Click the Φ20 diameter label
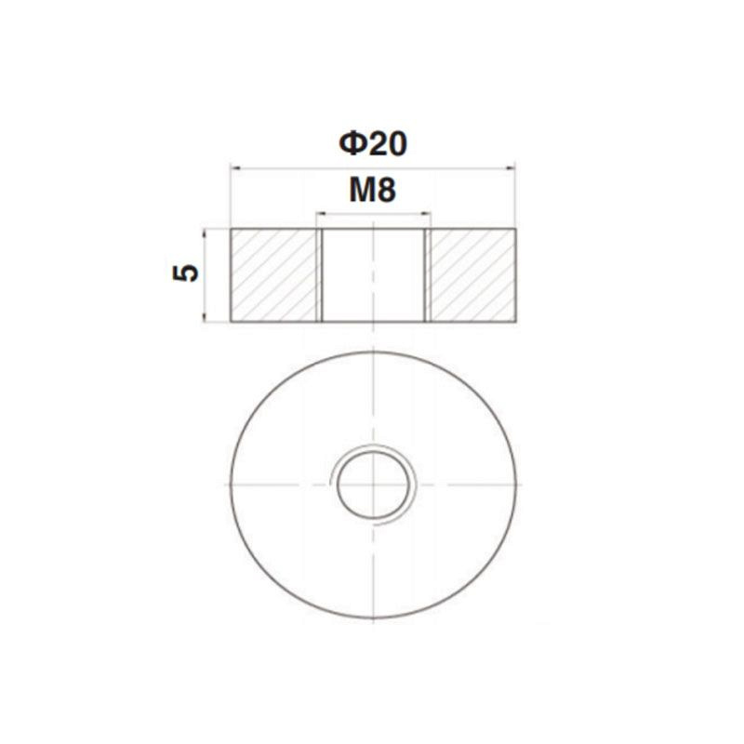coord(373,144)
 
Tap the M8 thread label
coord(373,190)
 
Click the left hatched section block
coord(273,275)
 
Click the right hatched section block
coord(473,275)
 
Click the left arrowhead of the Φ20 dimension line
coord(234,167)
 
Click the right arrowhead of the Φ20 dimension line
coord(511,167)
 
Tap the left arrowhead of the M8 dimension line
coord(320,214)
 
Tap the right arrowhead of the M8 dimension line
coord(426,214)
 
